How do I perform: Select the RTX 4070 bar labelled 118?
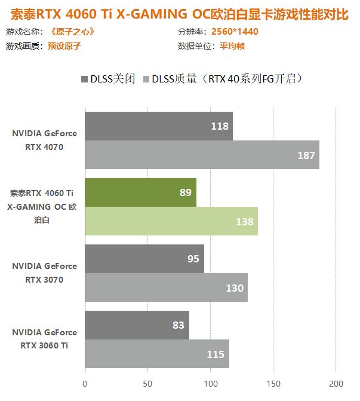(x=158, y=126)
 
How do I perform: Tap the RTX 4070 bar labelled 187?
(x=202, y=155)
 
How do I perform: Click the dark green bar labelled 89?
(x=140, y=192)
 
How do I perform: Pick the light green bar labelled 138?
(x=171, y=221)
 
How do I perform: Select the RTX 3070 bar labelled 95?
(x=144, y=259)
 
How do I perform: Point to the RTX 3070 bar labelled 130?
(x=166, y=288)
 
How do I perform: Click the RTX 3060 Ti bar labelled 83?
(x=137, y=325)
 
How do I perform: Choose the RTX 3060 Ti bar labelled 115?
(x=156, y=354)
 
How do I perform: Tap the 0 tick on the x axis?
(x=85, y=383)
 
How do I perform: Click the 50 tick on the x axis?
(x=147, y=383)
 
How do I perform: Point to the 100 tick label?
(x=210, y=383)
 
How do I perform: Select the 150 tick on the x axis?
(x=273, y=383)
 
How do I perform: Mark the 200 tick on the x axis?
(x=336, y=383)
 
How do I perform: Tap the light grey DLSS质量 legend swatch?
(x=145, y=78)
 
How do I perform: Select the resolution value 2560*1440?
(x=230, y=31)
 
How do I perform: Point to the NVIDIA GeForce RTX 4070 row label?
(x=44, y=140)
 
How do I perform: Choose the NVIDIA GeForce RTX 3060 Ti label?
(x=44, y=339)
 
